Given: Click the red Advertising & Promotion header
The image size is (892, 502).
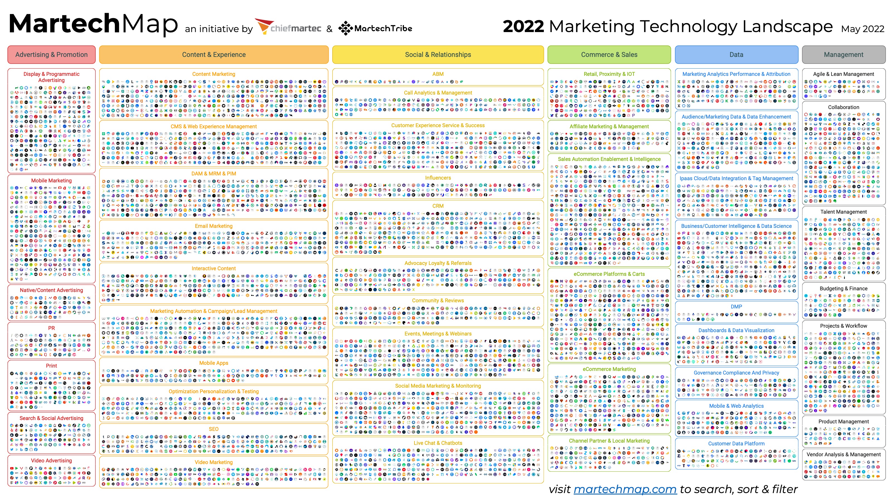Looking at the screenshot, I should point(51,55).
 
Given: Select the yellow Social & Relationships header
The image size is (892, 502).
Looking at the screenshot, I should point(438,55).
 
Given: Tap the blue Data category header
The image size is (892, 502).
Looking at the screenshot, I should point(736,55).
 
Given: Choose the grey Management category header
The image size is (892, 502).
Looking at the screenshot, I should point(843,55).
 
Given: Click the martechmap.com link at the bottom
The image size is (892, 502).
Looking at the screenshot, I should point(625,489).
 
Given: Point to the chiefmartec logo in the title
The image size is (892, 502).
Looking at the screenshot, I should point(289,28).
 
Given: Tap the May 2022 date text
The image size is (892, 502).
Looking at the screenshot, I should point(862,29).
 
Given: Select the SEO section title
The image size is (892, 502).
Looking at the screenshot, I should point(214,429).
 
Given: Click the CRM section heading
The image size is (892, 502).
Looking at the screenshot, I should point(438,206).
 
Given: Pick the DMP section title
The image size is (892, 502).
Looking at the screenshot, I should point(736,306).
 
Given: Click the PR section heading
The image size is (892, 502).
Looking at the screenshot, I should point(51,328).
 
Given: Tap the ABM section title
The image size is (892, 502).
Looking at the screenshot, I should point(438,74).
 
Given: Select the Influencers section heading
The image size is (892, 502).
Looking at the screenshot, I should point(438,178).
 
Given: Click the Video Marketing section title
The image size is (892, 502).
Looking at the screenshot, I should point(214,462).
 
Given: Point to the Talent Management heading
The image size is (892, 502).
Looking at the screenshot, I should point(843,212).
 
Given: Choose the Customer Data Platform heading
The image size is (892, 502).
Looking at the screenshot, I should point(736,443).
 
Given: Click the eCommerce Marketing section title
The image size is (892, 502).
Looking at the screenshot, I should point(609,369).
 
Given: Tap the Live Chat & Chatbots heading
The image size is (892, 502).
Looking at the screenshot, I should point(438,443).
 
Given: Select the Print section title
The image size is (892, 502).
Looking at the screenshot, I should point(51,366).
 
